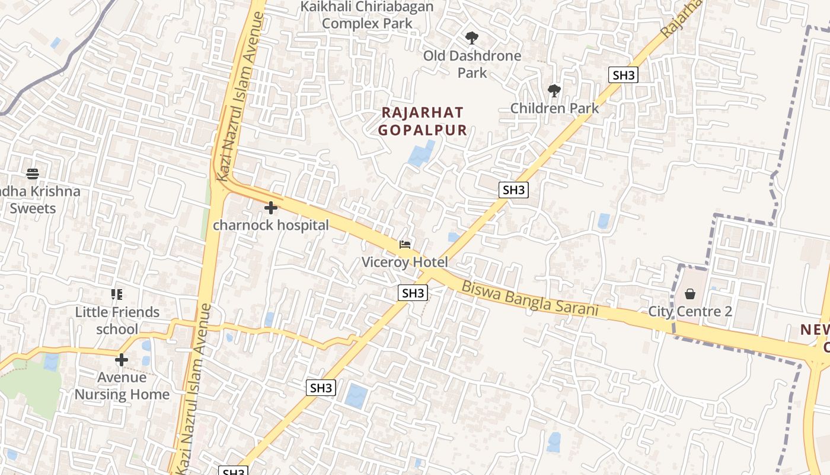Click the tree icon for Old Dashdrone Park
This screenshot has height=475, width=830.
pyautogui.click(x=472, y=38)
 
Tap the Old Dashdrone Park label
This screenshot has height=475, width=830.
pyautogui.click(x=472, y=64)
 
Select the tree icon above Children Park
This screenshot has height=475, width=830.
pyautogui.click(x=554, y=91)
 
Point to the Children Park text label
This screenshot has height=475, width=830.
pyautogui.click(x=554, y=108)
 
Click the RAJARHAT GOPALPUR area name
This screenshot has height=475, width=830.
pyautogui.click(x=423, y=121)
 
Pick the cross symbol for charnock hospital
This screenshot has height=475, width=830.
pyautogui.click(x=271, y=208)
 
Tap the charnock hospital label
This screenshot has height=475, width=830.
pyautogui.click(x=271, y=226)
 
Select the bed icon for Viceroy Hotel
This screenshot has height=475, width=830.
pyautogui.click(x=405, y=244)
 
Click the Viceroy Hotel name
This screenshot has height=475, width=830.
pyautogui.click(x=405, y=262)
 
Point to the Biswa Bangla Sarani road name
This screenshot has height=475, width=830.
pyautogui.click(x=529, y=299)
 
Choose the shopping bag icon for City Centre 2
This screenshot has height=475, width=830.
pyautogui.click(x=690, y=294)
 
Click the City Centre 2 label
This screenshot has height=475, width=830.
pyautogui.click(x=690, y=311)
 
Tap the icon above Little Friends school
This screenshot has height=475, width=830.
pyautogui.click(x=117, y=294)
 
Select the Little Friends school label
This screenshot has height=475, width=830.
pyautogui.click(x=117, y=321)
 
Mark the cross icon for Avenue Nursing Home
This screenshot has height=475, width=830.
pyautogui.click(x=122, y=360)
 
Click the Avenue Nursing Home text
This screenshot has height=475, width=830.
pyautogui.click(x=122, y=386)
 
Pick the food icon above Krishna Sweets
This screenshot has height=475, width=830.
pyautogui.click(x=33, y=174)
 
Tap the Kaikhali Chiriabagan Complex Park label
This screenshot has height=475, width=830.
pyautogui.click(x=367, y=15)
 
